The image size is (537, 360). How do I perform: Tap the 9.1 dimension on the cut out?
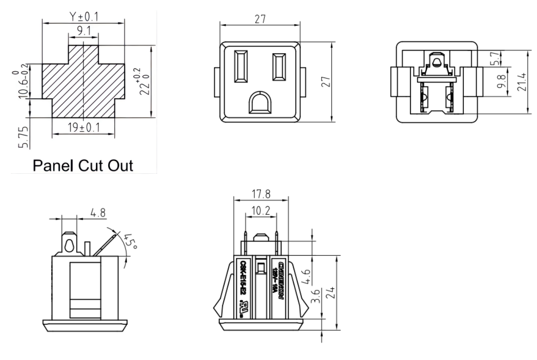(x=83, y=31)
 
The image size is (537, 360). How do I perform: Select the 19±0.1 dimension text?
(x=83, y=127)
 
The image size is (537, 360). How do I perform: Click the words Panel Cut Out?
(x=83, y=164)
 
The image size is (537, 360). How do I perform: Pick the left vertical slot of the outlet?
(x=242, y=66)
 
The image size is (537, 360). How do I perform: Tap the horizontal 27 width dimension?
(x=260, y=20)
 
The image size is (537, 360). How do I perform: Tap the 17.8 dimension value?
(x=259, y=193)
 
